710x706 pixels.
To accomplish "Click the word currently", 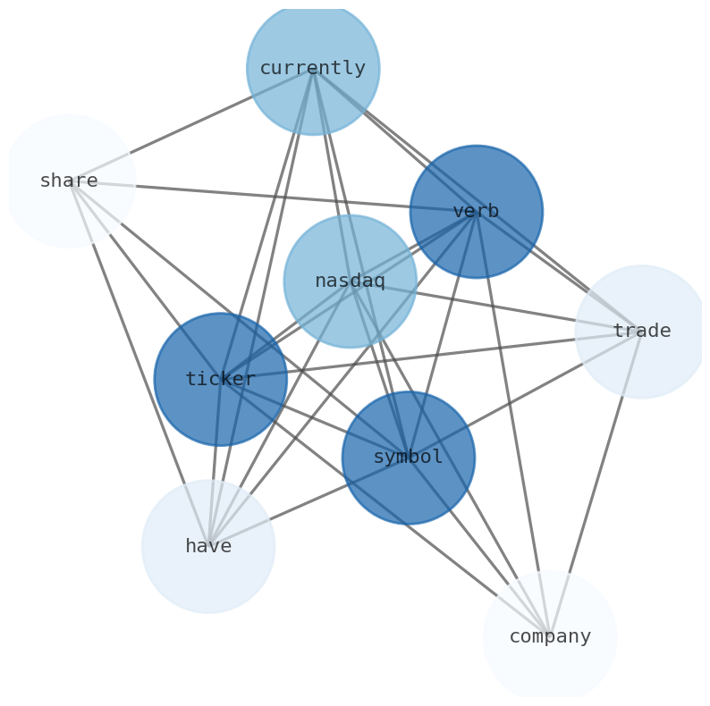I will (312, 69).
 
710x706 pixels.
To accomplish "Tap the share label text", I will (69, 181).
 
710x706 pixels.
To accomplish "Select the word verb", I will (476, 212).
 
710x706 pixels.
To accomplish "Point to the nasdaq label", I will (350, 282).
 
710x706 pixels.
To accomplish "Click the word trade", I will (641, 332).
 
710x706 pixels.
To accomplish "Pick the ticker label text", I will (220, 380).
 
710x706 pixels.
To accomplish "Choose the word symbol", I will (408, 458).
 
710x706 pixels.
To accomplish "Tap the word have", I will (208, 547).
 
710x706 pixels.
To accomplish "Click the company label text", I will (550, 637).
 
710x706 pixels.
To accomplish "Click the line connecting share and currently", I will (190, 125).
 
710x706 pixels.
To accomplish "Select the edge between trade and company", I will (596, 484).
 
